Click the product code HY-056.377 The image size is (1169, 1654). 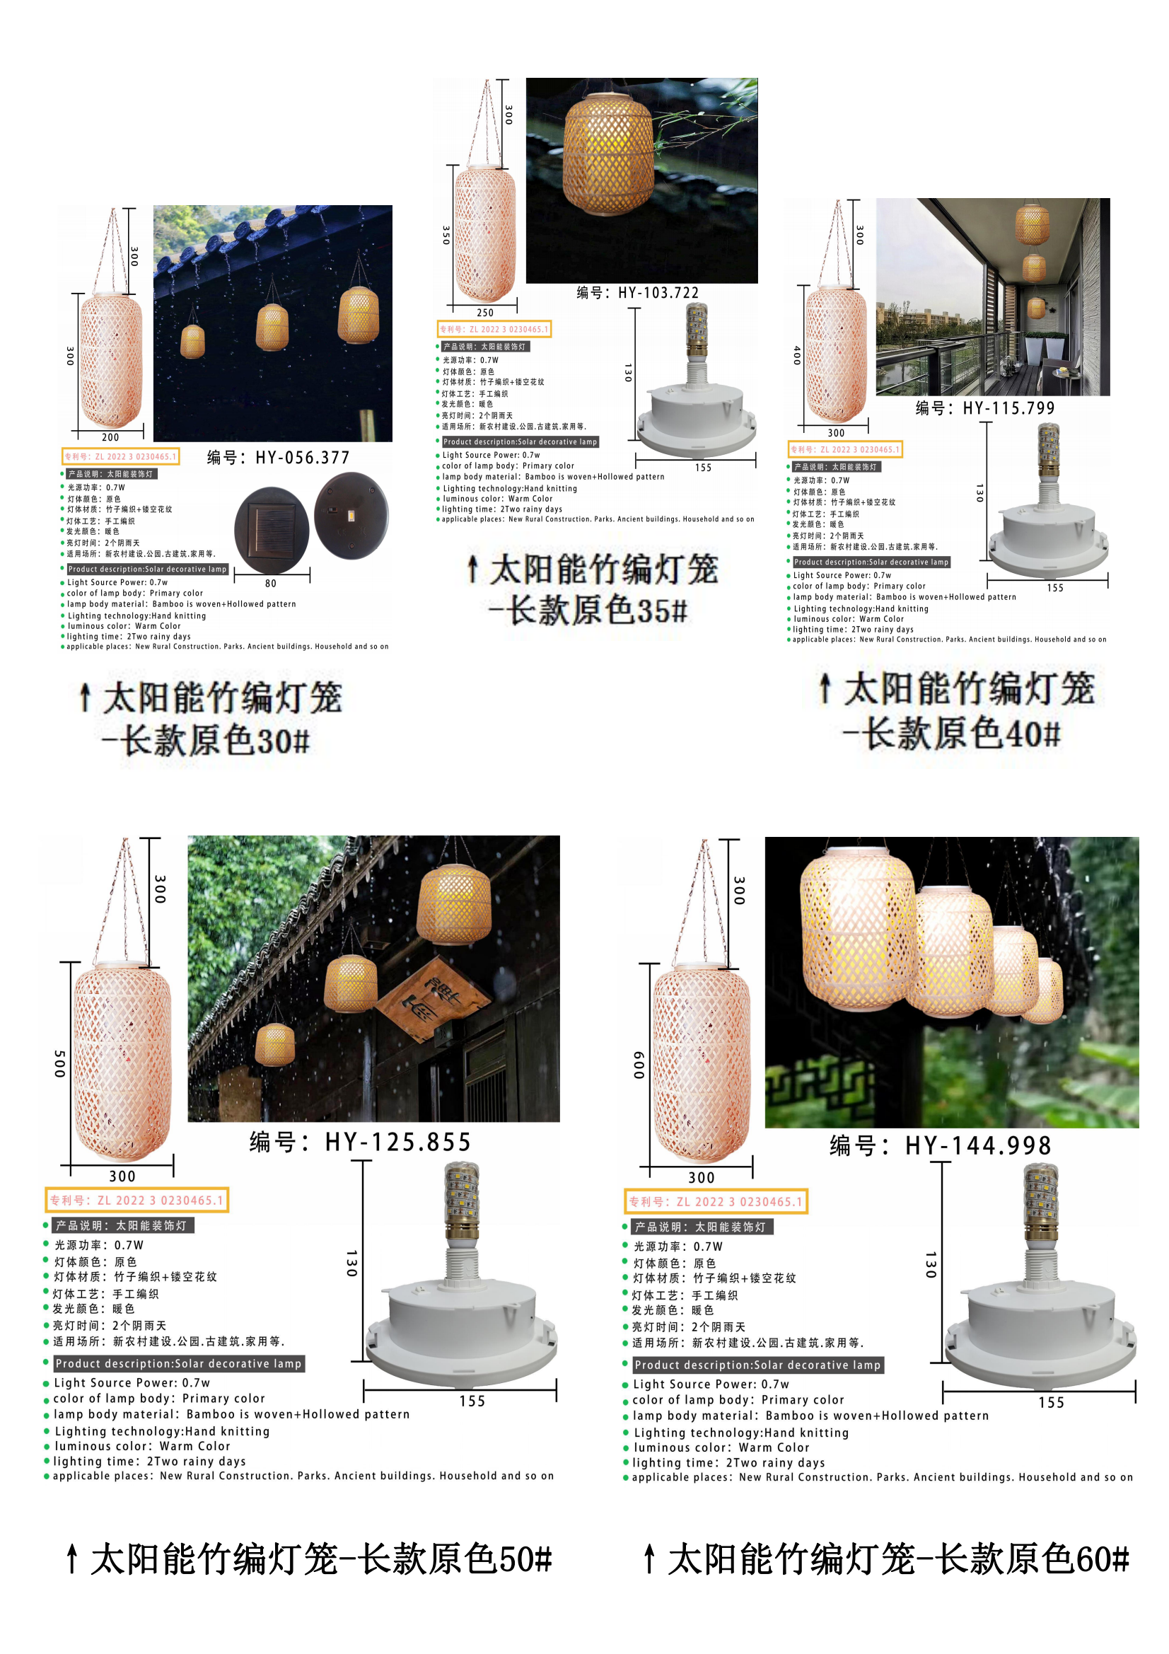pos(278,458)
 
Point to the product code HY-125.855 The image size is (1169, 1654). pos(360,1142)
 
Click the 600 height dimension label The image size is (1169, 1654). pos(639,1065)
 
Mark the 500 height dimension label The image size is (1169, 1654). pos(60,1063)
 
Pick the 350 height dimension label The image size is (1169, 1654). pos(446,235)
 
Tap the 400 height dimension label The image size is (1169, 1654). pos(796,355)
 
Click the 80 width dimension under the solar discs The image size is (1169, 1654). pos(271,584)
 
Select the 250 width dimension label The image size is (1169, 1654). pos(485,313)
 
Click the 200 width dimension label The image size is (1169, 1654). pos(110,437)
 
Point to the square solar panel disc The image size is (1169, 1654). pos(272,529)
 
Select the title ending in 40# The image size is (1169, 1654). pos(957,710)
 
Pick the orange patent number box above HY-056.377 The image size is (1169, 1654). pos(120,456)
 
